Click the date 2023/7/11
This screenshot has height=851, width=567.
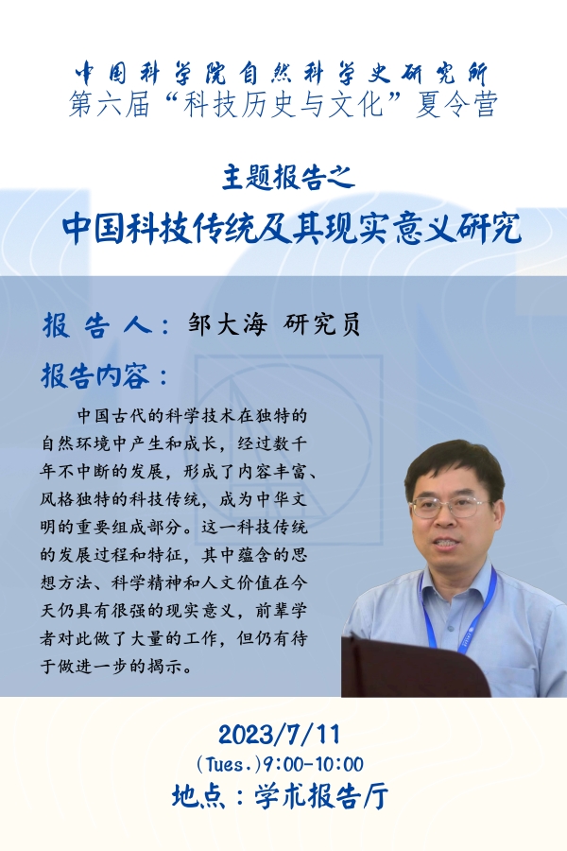pos(279,735)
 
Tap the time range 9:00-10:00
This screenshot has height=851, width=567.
pos(313,765)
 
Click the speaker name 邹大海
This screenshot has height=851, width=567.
pos(228,325)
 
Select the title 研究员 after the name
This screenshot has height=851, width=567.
pos(321,325)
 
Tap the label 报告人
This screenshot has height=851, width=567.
pos(96,325)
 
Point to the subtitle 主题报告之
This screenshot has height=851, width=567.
pos(288,178)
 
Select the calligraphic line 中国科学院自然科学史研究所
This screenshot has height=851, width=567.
pos(282,74)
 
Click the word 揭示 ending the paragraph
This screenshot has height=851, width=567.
pos(165,666)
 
